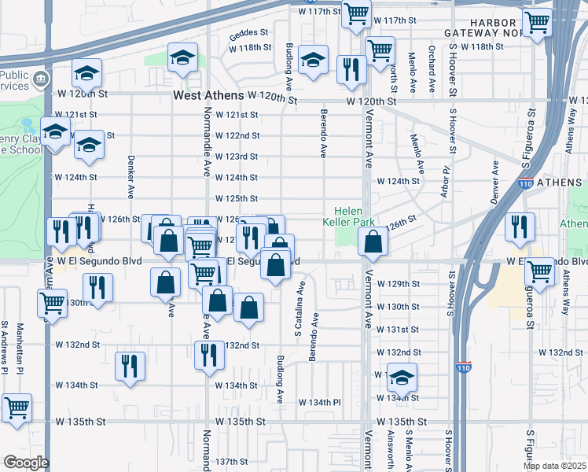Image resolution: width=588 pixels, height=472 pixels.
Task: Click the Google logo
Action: (26, 462)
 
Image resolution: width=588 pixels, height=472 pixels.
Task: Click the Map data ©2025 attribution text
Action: (554, 466)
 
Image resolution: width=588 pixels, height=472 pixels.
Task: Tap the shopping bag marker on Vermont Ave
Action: (374, 241)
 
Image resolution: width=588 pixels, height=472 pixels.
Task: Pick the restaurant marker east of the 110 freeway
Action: (520, 226)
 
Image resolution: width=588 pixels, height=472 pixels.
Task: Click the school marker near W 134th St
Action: (402, 378)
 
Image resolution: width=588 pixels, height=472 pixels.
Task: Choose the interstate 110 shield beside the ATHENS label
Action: (524, 184)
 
